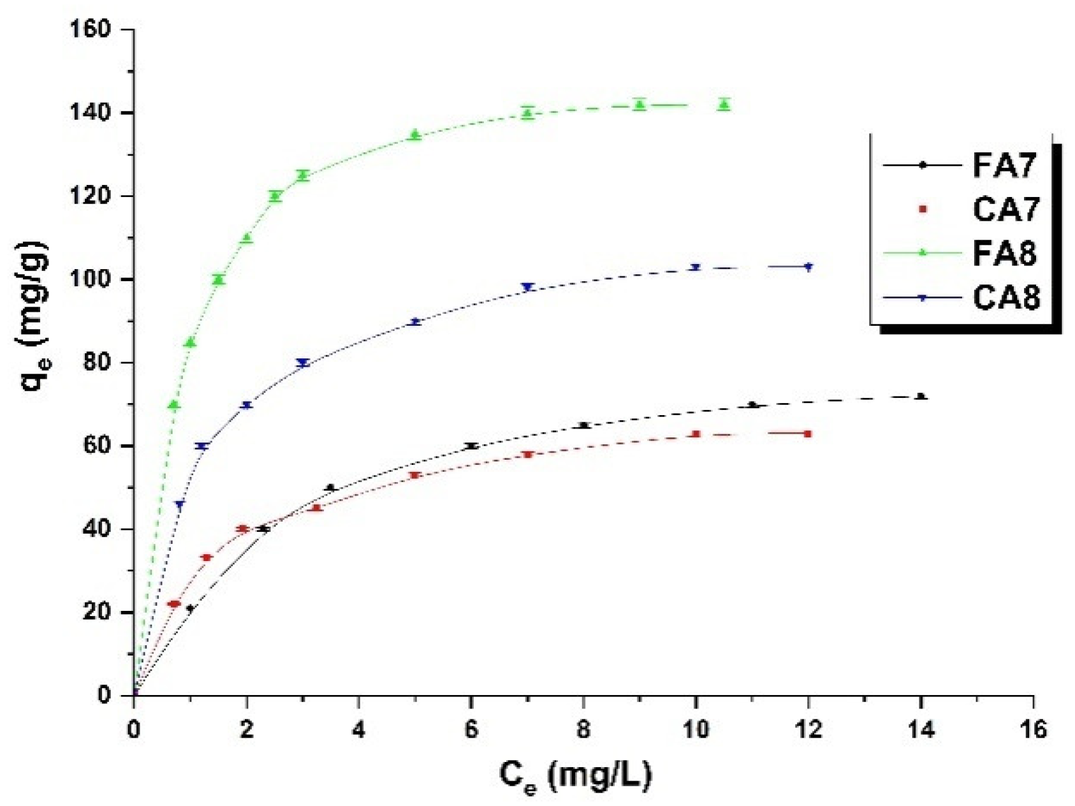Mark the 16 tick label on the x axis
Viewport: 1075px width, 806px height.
(x=1033, y=729)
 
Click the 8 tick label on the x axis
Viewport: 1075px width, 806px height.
(x=583, y=729)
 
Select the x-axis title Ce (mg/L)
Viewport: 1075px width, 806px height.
(x=575, y=775)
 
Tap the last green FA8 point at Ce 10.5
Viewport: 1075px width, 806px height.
(x=724, y=104)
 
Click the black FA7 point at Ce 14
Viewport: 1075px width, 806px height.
(x=921, y=397)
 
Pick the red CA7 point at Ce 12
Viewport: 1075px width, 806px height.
(x=808, y=434)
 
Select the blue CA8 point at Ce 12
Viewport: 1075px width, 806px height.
(x=808, y=267)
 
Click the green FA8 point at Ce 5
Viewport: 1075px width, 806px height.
(x=415, y=135)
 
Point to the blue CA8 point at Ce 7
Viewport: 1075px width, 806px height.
(x=527, y=287)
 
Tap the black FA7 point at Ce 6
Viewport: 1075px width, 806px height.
(x=471, y=446)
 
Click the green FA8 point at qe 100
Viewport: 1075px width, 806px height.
(x=219, y=279)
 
